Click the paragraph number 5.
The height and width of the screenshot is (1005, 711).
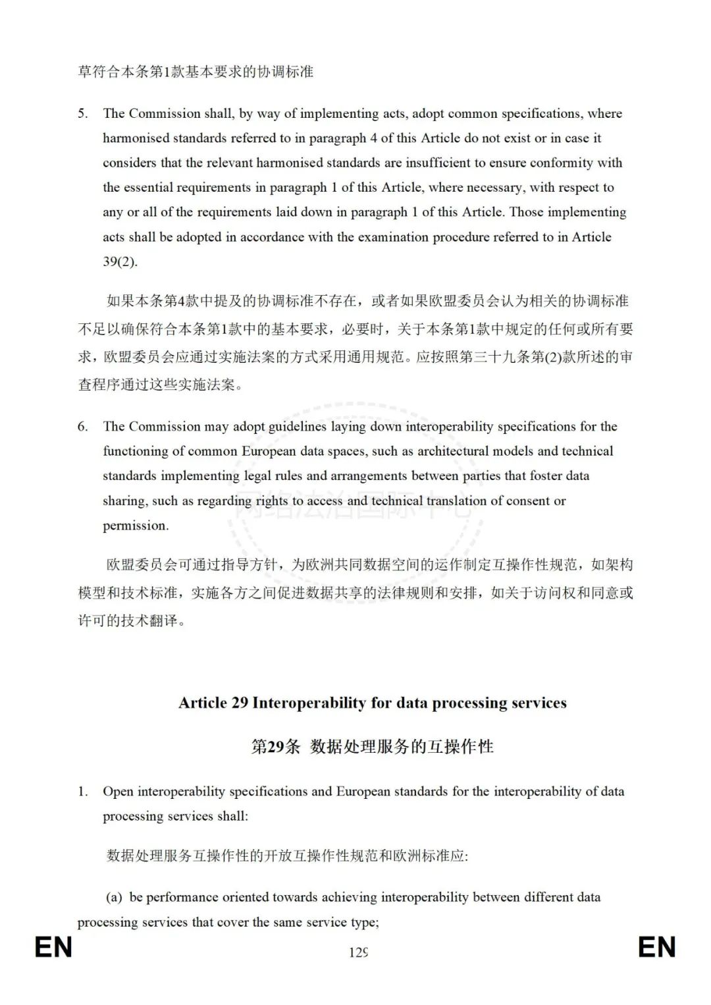click(x=82, y=114)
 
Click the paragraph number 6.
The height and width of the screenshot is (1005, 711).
click(x=82, y=427)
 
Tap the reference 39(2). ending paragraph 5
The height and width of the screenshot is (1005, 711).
click(x=120, y=261)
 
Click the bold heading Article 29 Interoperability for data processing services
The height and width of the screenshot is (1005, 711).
click(x=372, y=703)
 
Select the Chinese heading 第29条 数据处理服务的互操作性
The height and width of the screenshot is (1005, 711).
click(x=372, y=746)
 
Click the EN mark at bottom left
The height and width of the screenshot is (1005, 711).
click(x=53, y=948)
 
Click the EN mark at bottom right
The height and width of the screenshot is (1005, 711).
click(x=657, y=948)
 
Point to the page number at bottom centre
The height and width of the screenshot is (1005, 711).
click(x=358, y=952)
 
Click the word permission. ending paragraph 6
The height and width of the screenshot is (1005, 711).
click(x=136, y=526)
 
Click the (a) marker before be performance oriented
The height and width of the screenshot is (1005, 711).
click(x=114, y=897)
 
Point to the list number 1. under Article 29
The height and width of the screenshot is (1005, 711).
click(x=83, y=792)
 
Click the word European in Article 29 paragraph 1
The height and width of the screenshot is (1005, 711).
click(x=364, y=792)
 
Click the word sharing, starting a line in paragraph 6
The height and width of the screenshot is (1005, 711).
click(x=125, y=501)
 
